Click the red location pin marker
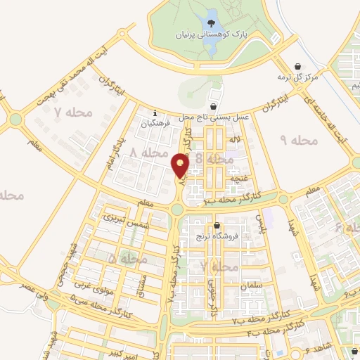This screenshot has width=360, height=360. coord(181,165)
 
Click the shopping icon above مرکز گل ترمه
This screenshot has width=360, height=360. coord(300,64)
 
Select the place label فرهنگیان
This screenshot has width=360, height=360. coord(155,124)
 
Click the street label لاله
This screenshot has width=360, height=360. coord(235,141)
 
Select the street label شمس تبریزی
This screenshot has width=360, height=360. coord(118,217)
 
